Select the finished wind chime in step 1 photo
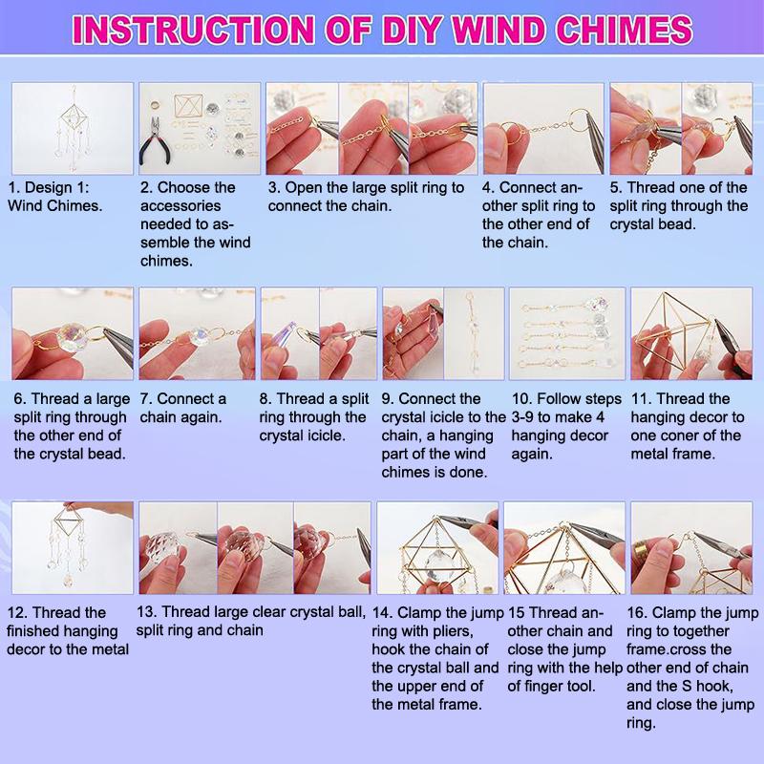pos(74,128)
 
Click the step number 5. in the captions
pos(616,187)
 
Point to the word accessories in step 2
pos(180,206)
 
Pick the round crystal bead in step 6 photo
pos(72,339)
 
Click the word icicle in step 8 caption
pos(327,435)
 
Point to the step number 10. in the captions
pos(521,399)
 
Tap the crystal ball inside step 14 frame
pos(440,566)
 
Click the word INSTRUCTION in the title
pos(193,30)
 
